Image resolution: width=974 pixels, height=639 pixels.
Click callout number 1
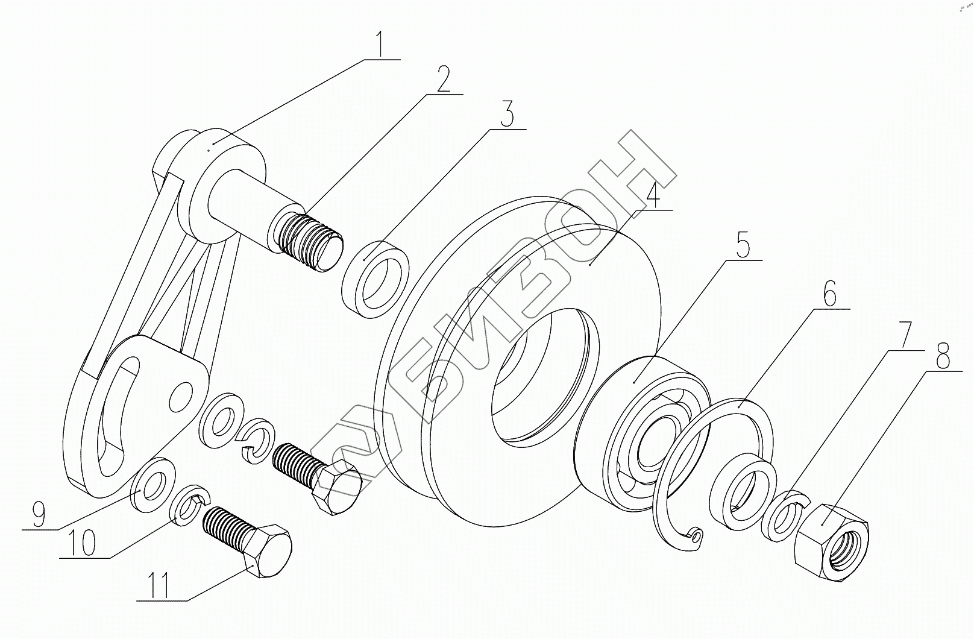380,44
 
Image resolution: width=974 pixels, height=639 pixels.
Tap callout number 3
508,115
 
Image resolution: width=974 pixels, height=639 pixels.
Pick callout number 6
830,296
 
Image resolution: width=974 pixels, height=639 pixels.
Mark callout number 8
943,357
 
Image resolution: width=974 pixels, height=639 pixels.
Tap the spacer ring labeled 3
375,279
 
